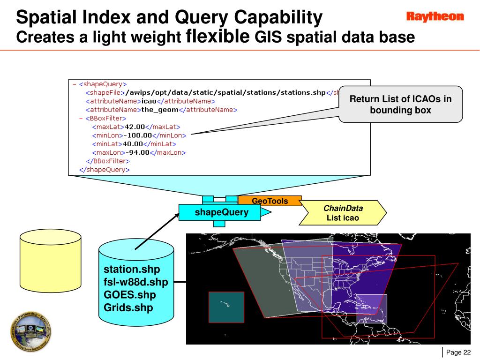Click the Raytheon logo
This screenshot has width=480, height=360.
point(435,17)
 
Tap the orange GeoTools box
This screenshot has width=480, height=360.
point(270,201)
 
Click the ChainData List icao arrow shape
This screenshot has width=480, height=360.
point(343,213)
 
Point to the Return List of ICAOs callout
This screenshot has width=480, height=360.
point(400,104)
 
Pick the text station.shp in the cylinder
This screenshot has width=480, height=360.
point(132,270)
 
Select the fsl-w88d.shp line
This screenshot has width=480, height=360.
point(136,283)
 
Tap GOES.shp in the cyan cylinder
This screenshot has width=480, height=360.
point(130,295)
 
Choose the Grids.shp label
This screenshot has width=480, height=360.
point(128,308)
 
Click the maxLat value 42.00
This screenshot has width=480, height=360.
point(135,127)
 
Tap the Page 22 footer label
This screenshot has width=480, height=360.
point(458,353)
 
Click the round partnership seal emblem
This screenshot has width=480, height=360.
point(31,331)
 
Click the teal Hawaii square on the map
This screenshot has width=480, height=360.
point(226,307)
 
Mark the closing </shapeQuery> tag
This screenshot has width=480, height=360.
point(104,170)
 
